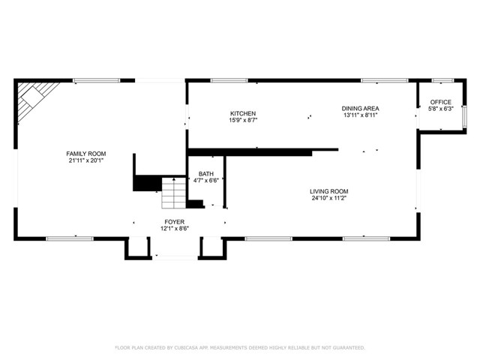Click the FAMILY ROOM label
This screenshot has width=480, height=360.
click(86, 154)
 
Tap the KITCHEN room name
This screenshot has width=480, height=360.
click(243, 113)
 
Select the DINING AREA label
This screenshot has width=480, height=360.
click(360, 108)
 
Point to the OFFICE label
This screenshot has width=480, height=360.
click(440, 102)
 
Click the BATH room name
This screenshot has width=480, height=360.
click(206, 174)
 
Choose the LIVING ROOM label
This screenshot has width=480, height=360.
click(328, 191)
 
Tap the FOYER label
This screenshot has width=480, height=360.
click(175, 222)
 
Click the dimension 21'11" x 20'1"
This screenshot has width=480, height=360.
click(86, 160)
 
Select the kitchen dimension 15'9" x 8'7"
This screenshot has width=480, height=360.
click(243, 120)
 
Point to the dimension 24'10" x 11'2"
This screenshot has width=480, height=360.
click(328, 198)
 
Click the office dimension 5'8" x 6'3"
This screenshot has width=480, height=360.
click(440, 109)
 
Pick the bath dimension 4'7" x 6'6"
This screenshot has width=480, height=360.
click(206, 181)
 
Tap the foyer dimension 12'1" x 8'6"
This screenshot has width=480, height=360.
click(175, 229)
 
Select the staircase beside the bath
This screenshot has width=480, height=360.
click(173, 193)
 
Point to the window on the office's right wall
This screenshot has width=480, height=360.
click(464, 117)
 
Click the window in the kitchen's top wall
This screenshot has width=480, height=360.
click(229, 80)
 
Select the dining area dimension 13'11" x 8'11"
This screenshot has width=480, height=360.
click(360, 115)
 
